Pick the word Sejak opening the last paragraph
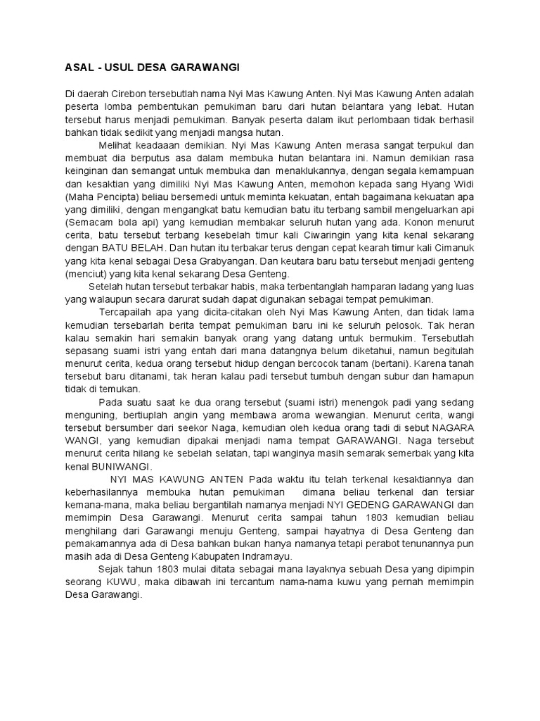[x=111, y=569]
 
